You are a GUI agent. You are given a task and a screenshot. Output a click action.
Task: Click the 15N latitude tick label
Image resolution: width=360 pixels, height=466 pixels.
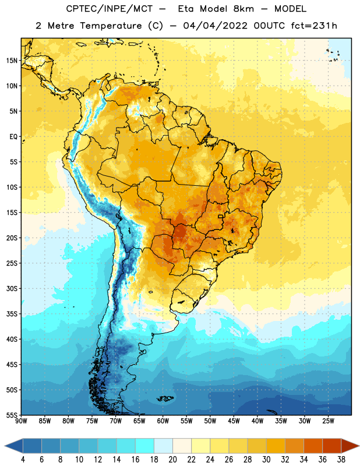pyautogui.click(x=12, y=61)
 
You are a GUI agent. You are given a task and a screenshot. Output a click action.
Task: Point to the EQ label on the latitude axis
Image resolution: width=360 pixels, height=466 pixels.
pyautogui.click(x=13, y=137)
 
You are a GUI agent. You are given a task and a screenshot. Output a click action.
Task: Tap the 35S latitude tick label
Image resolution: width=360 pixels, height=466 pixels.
pyautogui.click(x=12, y=314)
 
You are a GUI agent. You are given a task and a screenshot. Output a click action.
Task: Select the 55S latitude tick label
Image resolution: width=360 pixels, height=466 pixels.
pyautogui.click(x=12, y=415)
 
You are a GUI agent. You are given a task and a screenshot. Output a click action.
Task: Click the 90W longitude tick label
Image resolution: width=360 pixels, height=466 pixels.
pyautogui.click(x=21, y=421)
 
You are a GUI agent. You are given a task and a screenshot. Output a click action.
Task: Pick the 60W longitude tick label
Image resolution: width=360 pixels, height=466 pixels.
pyautogui.click(x=163, y=421)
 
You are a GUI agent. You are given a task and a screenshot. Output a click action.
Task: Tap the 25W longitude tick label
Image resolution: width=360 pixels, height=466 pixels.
pyautogui.click(x=328, y=421)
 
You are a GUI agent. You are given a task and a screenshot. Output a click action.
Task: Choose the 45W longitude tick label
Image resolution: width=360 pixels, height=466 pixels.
pyautogui.click(x=234, y=421)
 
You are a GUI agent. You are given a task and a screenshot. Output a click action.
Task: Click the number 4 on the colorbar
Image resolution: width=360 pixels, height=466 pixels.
pyautogui.click(x=23, y=460)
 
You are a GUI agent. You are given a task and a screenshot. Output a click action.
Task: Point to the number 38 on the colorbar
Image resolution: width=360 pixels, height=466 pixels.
pyautogui.click(x=341, y=460)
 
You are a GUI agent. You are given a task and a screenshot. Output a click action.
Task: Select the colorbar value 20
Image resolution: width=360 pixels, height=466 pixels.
pyautogui.click(x=172, y=460)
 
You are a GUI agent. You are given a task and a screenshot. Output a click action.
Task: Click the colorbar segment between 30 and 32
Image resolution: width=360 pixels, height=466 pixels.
pyautogui.click(x=276, y=446)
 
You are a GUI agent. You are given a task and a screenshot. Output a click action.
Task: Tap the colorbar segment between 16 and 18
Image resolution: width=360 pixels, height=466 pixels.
pyautogui.click(x=144, y=446)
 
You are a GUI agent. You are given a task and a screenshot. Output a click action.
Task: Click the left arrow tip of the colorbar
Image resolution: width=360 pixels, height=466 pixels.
pyautogui.click(x=5, y=446)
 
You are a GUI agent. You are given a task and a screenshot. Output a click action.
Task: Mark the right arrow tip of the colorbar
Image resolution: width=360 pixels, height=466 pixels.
pyautogui.click(x=359, y=446)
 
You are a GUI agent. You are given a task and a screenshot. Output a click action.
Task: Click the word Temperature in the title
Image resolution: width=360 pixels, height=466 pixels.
pyautogui.click(x=111, y=26)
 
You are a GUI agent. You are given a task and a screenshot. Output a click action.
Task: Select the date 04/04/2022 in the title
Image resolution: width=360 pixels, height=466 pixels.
pyautogui.click(x=215, y=26)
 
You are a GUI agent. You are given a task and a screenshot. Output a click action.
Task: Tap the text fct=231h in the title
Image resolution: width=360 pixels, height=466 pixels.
pyautogui.click(x=314, y=26)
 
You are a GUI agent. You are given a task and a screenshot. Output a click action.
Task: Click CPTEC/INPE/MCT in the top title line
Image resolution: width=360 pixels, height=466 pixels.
pyautogui.click(x=109, y=9)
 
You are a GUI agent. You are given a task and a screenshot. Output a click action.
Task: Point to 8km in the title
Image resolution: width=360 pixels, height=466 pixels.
pyautogui.click(x=243, y=9)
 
